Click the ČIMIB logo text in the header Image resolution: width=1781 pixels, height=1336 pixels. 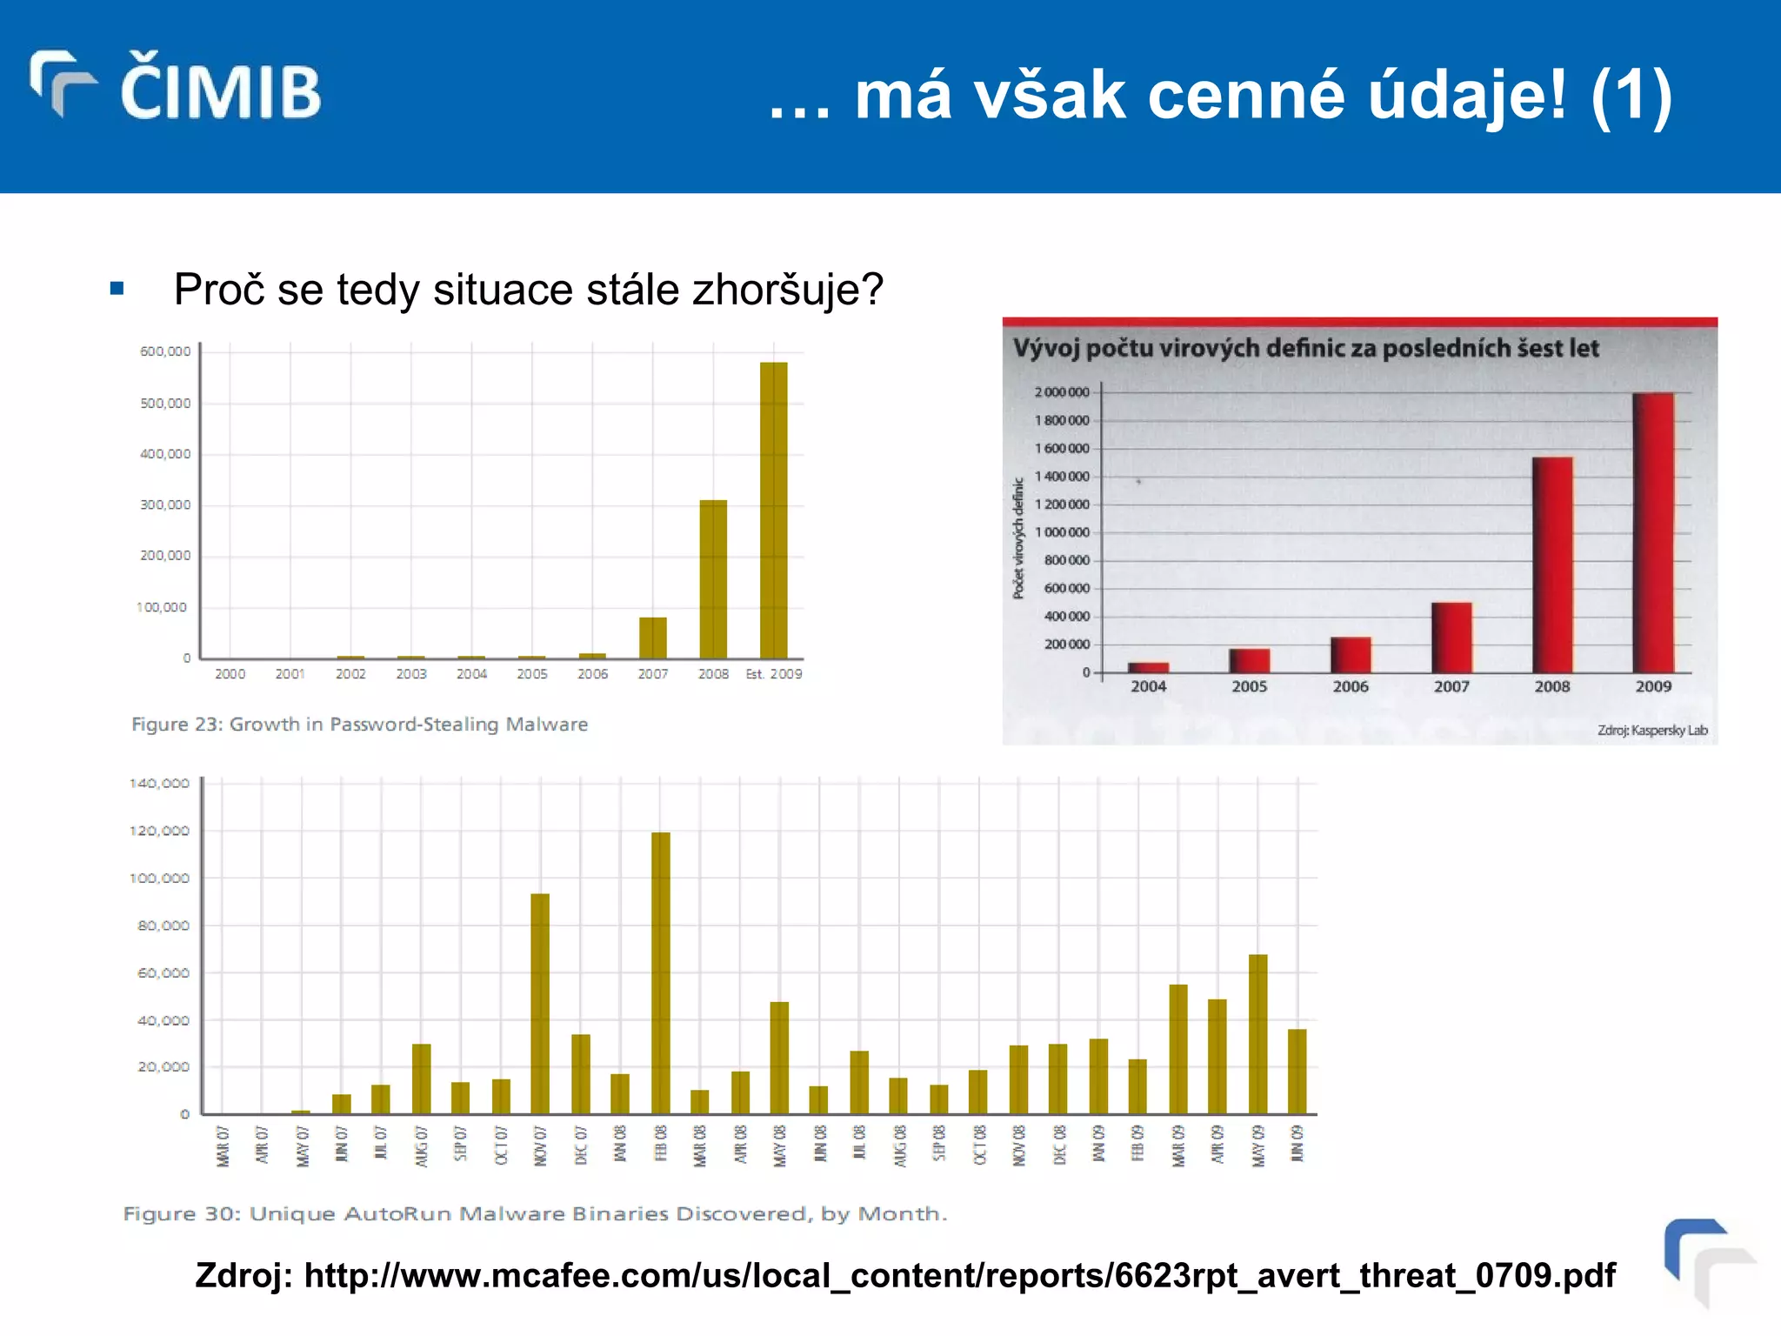coord(219,89)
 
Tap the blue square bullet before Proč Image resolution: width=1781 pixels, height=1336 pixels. coord(117,289)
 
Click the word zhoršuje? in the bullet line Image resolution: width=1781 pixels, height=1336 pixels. coord(787,290)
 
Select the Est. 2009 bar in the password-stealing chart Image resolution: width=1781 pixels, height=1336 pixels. coord(773,510)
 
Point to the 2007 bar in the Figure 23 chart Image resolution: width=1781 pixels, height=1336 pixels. coord(652,638)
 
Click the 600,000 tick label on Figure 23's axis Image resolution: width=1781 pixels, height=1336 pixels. coord(165,351)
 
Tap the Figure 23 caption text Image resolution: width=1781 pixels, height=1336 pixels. coord(359,725)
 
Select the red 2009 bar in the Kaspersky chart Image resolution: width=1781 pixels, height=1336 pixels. coord(1653,532)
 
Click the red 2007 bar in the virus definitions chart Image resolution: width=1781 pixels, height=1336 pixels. coord(1451,637)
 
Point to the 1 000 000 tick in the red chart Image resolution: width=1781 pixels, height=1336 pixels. coord(1062,532)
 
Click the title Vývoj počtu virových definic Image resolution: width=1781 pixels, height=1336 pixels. coord(1304,349)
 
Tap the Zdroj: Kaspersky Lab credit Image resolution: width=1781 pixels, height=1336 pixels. coord(1651,731)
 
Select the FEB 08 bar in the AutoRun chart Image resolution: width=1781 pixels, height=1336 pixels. coord(661,972)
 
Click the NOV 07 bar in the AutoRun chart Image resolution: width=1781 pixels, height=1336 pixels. coord(540,1003)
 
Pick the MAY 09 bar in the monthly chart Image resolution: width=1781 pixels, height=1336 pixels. coord(1257,1033)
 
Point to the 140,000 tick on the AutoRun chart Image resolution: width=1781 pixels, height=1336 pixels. coord(159,784)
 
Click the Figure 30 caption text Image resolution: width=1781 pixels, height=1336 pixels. coord(534,1213)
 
